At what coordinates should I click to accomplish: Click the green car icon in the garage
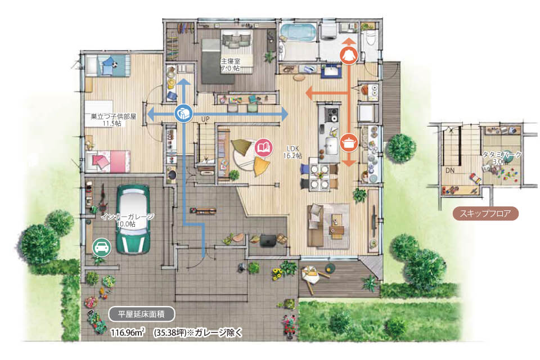pos(102,247)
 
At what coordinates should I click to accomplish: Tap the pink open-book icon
pos(263,148)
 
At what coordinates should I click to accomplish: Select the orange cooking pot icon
pos(349,142)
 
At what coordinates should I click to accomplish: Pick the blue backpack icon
pos(183,113)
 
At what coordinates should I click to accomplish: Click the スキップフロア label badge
pos(485,214)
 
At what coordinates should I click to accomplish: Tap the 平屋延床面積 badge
pos(141,314)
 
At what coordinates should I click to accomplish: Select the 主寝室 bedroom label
pos(231,61)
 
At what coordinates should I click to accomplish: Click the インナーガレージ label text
pos(128,217)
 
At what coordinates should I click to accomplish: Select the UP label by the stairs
pos(205,119)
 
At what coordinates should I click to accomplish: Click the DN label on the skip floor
pos(450,170)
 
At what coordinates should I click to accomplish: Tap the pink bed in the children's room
pos(108,161)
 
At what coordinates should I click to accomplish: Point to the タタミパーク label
pos(502,155)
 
